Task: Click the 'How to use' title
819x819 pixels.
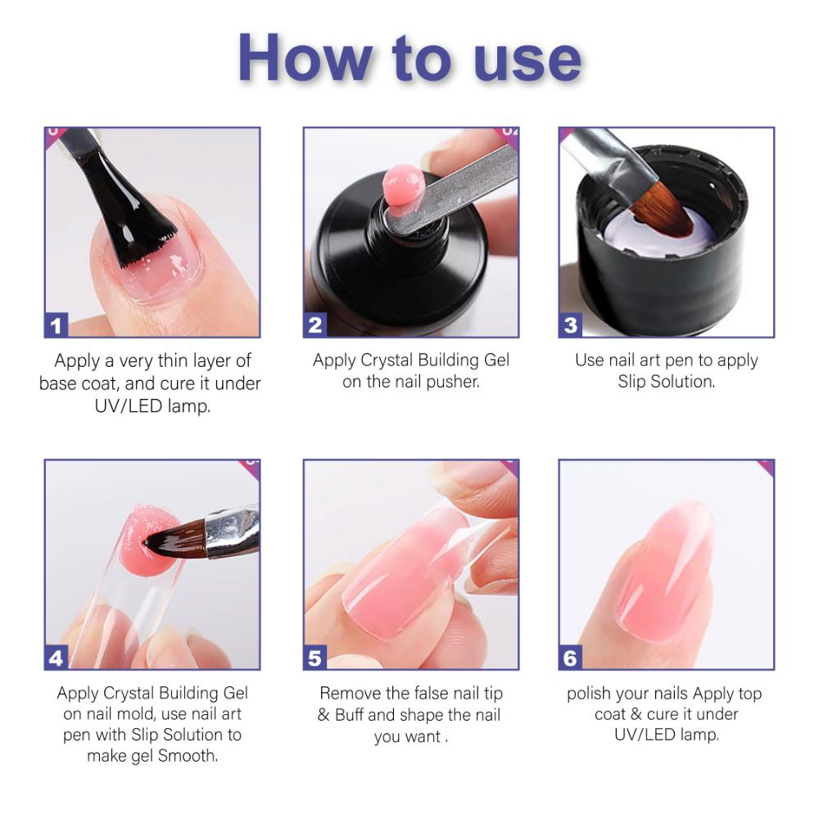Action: [409, 59]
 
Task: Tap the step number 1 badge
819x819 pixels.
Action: [56, 325]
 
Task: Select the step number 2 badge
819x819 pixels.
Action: [315, 325]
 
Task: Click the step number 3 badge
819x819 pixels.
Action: [571, 325]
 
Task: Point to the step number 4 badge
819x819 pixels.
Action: [56, 657]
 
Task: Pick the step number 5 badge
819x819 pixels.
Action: [315, 657]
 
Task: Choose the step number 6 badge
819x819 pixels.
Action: [571, 657]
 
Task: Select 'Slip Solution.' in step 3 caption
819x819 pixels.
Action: [666, 382]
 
